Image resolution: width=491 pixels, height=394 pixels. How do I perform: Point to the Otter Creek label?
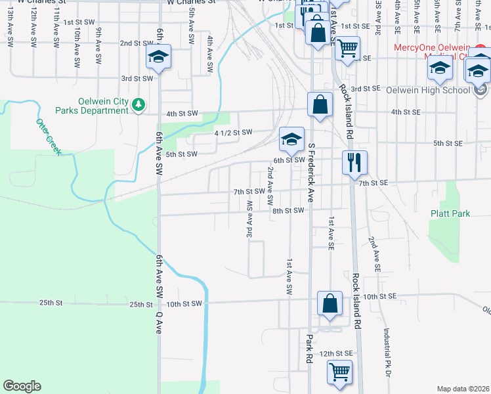[x=49, y=137]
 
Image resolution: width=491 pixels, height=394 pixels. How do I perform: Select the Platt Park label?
[x=450, y=213]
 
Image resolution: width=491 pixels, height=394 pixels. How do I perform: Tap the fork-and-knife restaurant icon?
[x=354, y=162]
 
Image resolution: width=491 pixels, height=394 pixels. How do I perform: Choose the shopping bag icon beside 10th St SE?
[x=330, y=303]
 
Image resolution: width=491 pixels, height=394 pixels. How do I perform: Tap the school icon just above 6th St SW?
[x=291, y=139]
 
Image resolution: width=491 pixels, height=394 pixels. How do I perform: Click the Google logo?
[x=22, y=386]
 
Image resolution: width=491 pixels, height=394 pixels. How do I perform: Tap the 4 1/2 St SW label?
[x=233, y=133]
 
